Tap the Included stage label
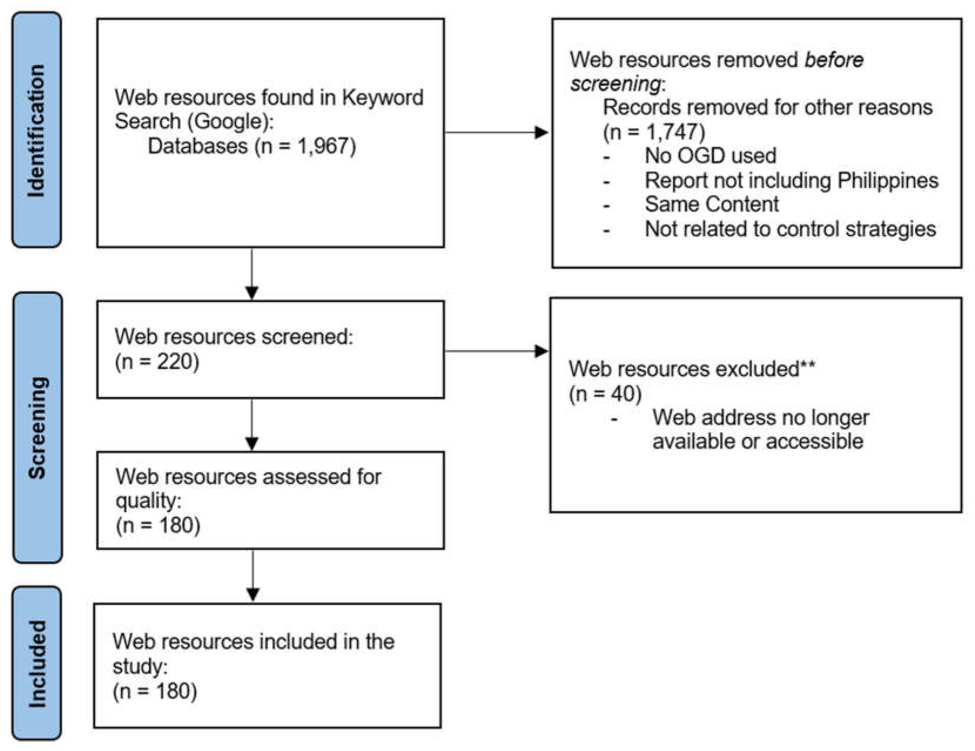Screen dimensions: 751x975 [37, 663]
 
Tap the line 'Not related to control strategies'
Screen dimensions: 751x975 [790, 229]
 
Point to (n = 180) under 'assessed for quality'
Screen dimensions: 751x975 [158, 525]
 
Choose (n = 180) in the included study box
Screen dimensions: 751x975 [155, 691]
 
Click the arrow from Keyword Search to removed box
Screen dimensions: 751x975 [495, 132]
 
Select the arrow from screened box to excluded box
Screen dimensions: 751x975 [495, 351]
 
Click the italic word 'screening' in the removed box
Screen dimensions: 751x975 [615, 84]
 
